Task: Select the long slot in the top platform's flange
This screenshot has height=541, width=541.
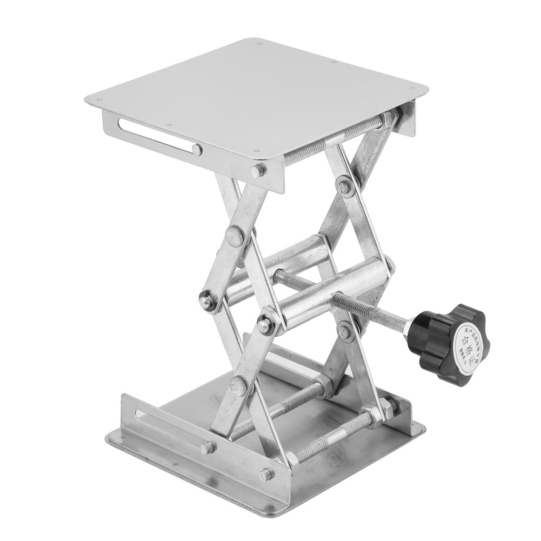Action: [160, 137]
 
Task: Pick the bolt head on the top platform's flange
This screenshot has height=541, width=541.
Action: [258, 170]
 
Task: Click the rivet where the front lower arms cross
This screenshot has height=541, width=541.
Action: [238, 386]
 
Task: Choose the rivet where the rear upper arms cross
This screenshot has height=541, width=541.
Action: [344, 185]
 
